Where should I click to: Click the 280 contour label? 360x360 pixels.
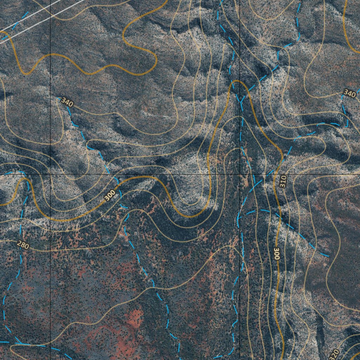pos(23,245)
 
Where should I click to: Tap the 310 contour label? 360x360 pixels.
pos(283,181)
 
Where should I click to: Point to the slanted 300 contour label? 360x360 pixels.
pos(110,195)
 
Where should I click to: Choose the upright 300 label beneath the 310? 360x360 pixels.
pos(277,254)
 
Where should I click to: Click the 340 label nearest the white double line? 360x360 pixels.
pos(67,102)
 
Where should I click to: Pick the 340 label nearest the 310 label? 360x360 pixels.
pos(349,93)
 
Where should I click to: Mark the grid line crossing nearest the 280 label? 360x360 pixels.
pos(50,174)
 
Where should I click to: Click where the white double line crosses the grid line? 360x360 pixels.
pos(50,15)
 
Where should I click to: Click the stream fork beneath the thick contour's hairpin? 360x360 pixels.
pos(241,102)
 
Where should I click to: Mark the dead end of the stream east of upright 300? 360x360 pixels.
pos(329,256)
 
